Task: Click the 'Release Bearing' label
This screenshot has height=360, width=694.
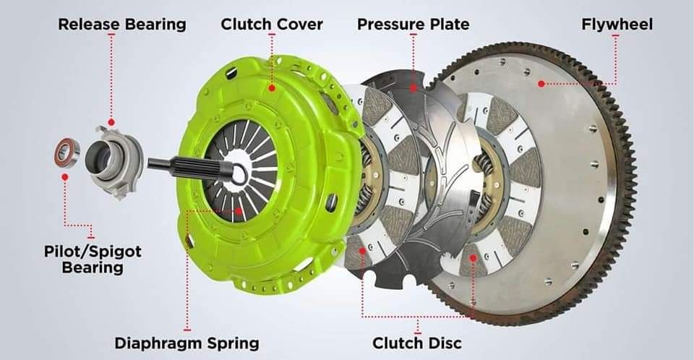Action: pyautogui.click(x=121, y=25)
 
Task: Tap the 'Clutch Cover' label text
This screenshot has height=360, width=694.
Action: pyautogui.click(x=272, y=25)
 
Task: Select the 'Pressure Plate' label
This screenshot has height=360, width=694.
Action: pyautogui.click(x=413, y=25)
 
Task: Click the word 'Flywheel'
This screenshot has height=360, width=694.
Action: pyautogui.click(x=617, y=25)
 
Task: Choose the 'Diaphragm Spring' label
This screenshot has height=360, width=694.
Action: pyautogui.click(x=187, y=342)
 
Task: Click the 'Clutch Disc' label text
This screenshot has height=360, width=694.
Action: pyautogui.click(x=416, y=342)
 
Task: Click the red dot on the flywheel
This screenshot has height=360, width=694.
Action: pyautogui.click(x=541, y=84)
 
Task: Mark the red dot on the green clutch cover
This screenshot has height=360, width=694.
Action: pyautogui.click(x=272, y=87)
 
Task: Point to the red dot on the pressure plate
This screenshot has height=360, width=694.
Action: pyautogui.click(x=413, y=88)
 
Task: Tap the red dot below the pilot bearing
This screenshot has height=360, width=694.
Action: pyautogui.click(x=65, y=176)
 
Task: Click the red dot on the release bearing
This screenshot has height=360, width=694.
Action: pyautogui.click(x=111, y=123)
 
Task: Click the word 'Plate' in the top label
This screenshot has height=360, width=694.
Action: pyautogui.click(x=447, y=25)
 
